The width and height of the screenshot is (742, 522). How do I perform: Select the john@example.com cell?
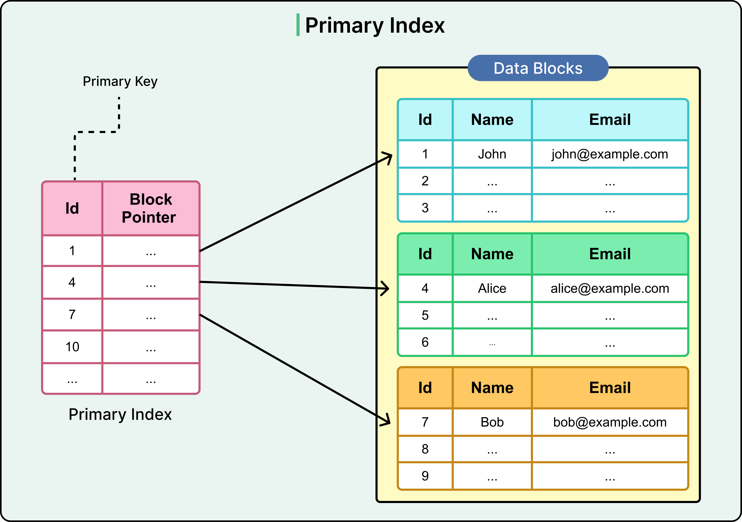610,154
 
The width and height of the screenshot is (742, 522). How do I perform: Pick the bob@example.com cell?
610,422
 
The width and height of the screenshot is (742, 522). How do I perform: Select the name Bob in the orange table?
492,422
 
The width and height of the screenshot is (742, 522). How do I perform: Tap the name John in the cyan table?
492,154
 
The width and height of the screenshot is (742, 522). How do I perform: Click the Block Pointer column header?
150,208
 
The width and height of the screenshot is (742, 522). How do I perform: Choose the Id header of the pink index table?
72,208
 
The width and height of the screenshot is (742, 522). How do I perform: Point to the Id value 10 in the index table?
72,347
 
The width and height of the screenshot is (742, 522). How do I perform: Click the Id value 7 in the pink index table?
72,314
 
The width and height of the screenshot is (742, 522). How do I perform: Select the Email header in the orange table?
610,387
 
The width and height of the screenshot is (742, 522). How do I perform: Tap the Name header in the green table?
492,254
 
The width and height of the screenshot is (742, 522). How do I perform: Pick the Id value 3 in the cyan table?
425,208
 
